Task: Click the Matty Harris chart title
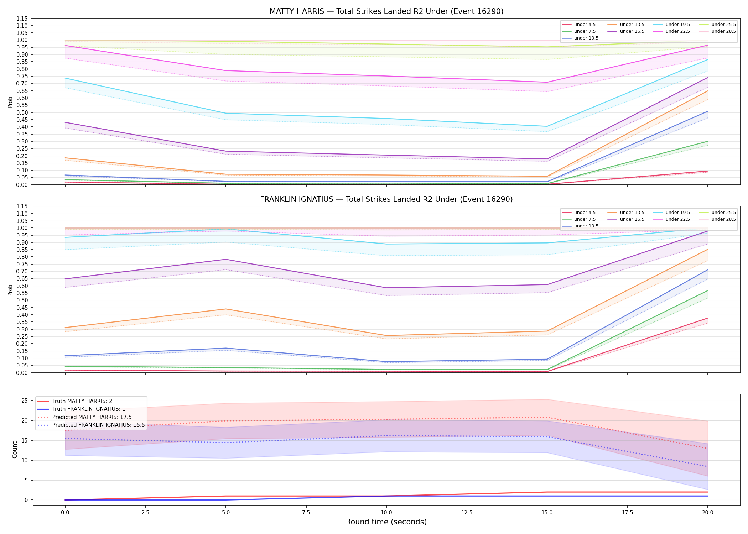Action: coord(386,11)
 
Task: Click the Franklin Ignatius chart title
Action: coord(386,199)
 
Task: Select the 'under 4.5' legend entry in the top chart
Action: coord(578,25)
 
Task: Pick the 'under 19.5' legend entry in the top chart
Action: coord(671,25)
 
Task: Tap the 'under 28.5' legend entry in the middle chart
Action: coord(717,219)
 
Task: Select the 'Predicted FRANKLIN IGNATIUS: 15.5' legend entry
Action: coord(91,425)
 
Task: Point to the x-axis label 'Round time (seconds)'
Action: coord(386,522)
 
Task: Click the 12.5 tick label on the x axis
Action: coord(467,513)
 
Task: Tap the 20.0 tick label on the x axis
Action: coord(707,513)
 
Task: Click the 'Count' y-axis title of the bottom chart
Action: coord(15,450)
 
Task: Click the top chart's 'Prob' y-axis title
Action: coord(10,102)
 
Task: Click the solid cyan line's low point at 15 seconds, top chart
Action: coord(547,126)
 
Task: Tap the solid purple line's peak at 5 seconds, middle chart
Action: coord(225,259)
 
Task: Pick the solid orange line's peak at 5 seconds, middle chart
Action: coord(225,309)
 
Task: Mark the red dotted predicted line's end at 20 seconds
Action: coord(707,448)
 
